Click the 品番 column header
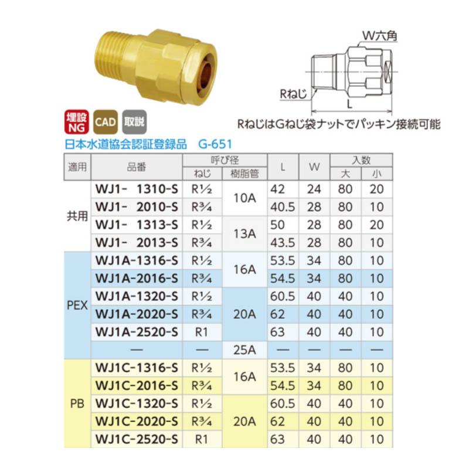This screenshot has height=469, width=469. [x=136, y=166]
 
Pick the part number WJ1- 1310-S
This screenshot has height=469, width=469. [x=136, y=189]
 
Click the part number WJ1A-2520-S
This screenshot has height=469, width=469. [x=136, y=332]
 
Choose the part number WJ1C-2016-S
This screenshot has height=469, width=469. [x=136, y=385]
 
